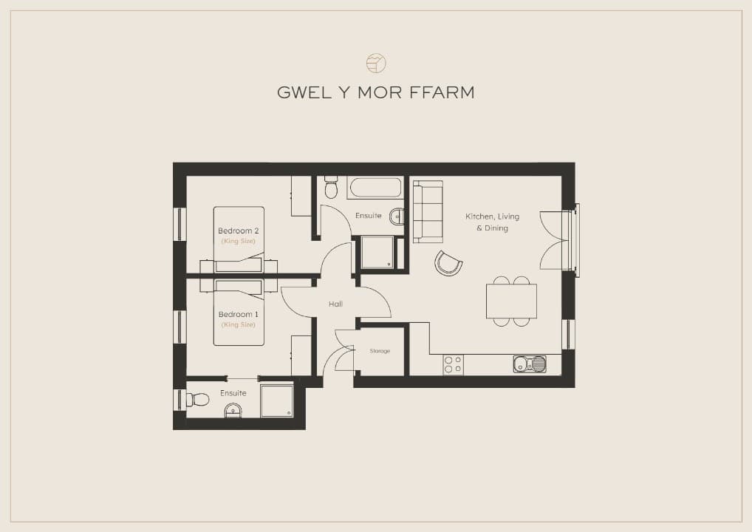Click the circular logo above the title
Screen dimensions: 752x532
tap(376, 63)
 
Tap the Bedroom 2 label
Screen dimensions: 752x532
tap(239, 231)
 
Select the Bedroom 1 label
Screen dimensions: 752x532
tap(239, 314)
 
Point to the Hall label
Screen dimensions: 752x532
tap(335, 304)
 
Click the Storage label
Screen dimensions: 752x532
tap(380, 351)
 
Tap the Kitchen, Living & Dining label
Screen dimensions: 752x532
tap(492, 222)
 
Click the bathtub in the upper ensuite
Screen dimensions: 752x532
tap(375, 188)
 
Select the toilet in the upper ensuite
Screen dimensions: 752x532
tap(331, 188)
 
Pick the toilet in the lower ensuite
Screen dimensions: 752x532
tap(197, 399)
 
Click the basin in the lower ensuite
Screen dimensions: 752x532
tap(233, 411)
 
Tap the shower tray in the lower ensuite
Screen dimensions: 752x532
tap(277, 400)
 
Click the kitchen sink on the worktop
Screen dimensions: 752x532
tap(530, 364)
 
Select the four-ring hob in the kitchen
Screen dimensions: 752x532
tap(454, 364)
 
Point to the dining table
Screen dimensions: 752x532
tap(511, 301)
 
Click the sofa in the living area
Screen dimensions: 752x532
tap(428, 211)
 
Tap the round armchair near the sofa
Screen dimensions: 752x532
tap(448, 263)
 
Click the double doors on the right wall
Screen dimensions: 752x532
tap(556, 240)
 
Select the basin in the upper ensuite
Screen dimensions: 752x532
tap(397, 216)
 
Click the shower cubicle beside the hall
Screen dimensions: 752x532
tap(380, 253)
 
